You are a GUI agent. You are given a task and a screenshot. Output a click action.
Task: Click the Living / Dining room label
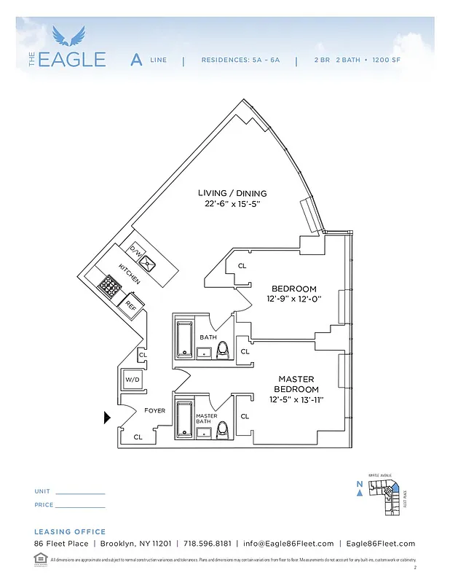(232, 193)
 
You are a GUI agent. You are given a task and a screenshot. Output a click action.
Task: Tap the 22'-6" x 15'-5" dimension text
(232, 205)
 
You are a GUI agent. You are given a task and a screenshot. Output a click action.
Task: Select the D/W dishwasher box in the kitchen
(135, 250)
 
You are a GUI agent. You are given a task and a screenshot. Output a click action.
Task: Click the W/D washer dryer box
(133, 379)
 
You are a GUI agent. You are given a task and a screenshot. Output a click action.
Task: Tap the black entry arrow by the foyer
(108, 418)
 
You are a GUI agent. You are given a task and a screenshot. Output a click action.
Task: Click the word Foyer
(154, 410)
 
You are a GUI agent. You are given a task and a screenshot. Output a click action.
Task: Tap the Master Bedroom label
(296, 384)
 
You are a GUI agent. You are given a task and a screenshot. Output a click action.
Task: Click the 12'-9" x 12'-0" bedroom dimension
(294, 300)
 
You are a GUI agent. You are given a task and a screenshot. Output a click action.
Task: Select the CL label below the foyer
(138, 437)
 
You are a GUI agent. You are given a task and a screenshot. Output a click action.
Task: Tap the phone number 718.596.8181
(208, 544)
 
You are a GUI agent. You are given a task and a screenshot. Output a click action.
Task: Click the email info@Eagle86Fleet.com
(288, 544)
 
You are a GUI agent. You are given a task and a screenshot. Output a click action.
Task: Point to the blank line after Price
(80, 506)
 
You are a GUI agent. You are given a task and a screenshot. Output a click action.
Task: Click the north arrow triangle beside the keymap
(360, 493)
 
